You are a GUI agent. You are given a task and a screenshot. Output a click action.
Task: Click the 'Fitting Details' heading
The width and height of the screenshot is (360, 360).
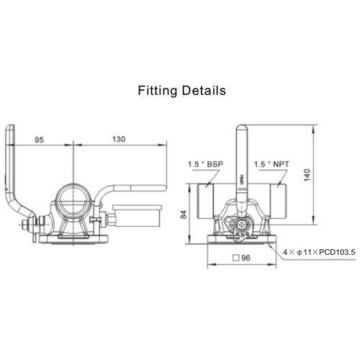pos(181,91)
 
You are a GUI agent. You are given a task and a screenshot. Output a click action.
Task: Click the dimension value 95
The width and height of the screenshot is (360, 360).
pos(41,140)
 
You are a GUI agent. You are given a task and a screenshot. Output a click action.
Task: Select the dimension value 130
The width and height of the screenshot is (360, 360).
pos(120,140)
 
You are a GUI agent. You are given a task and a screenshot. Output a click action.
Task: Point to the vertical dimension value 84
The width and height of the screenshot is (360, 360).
pos(184,213)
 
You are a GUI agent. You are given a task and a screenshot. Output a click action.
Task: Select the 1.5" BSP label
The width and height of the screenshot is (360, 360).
pos(206,163)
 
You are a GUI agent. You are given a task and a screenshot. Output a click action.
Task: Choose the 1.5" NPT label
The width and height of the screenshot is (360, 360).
pos(274,163)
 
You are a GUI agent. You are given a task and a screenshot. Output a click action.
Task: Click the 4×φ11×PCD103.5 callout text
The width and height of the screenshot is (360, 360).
pos(318,252)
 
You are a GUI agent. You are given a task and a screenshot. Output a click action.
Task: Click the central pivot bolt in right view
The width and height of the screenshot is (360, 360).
pos(241,223)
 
